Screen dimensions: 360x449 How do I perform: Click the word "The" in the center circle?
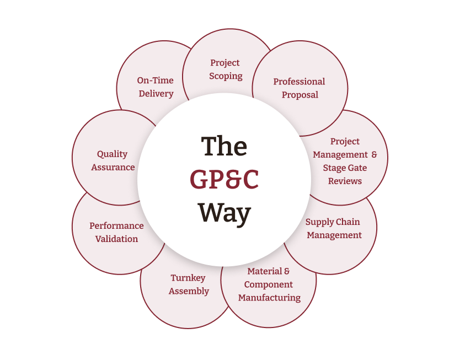(x=224, y=147)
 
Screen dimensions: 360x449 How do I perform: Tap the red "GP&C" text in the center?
(x=224, y=179)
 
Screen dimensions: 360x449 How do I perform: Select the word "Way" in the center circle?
(x=225, y=212)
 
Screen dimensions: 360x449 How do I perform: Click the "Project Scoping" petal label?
(x=225, y=69)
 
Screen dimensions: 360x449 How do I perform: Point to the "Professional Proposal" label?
(x=300, y=88)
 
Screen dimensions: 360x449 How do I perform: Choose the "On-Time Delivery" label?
(x=156, y=87)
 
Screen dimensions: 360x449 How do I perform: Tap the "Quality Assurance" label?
(x=113, y=160)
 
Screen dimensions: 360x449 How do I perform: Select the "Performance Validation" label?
(x=116, y=232)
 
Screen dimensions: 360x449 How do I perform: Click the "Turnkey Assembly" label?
(x=189, y=284)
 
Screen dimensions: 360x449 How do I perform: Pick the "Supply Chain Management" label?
(x=333, y=228)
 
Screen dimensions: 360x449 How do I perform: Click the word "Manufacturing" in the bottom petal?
(x=269, y=298)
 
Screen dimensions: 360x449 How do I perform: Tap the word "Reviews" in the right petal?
(x=345, y=181)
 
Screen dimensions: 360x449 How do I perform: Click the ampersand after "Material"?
(x=286, y=271)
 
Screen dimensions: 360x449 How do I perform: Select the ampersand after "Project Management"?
(x=374, y=154)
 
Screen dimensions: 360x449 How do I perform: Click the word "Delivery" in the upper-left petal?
(x=156, y=94)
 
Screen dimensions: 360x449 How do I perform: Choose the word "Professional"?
(x=300, y=82)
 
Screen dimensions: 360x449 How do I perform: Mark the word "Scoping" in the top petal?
(x=226, y=76)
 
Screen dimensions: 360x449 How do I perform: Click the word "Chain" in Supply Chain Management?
(x=349, y=222)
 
